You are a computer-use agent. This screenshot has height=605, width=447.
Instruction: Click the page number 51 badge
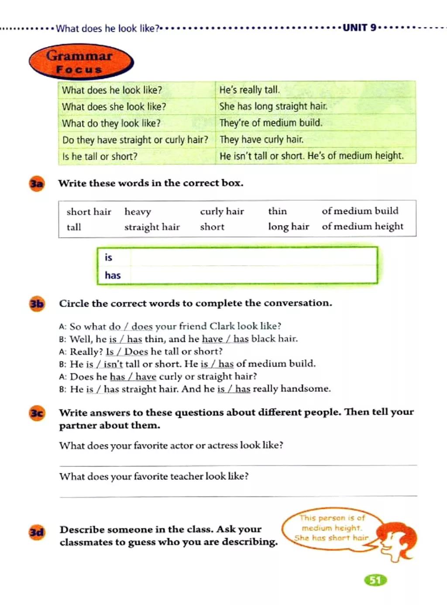click(375, 580)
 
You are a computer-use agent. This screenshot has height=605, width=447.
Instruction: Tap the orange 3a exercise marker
click(37, 184)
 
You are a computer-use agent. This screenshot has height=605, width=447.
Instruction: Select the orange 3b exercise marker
click(37, 304)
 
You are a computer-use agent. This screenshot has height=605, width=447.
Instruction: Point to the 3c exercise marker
click(37, 413)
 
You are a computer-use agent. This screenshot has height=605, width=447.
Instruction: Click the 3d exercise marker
click(37, 532)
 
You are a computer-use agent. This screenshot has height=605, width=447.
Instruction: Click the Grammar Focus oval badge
click(80, 62)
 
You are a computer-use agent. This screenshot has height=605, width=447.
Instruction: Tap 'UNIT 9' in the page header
click(359, 28)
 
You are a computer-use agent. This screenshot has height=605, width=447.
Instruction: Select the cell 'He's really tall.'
click(249, 90)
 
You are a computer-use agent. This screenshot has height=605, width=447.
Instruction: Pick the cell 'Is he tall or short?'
click(100, 156)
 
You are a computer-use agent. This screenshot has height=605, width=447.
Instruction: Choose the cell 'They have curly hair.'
click(261, 140)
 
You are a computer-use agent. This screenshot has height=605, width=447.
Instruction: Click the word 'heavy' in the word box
click(138, 212)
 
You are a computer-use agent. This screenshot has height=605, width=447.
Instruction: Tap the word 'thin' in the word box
click(277, 211)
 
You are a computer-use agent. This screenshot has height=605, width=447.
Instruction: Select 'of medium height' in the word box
click(362, 226)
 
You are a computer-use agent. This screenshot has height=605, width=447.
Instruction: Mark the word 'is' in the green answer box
click(108, 257)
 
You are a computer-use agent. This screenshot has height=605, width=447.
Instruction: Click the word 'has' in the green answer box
click(113, 275)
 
